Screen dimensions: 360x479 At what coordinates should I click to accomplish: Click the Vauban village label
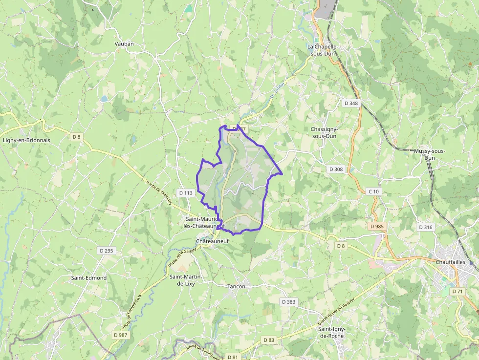124,43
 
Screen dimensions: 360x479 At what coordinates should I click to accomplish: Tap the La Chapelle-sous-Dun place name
323,50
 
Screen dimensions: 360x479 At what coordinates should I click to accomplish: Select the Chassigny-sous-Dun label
324,132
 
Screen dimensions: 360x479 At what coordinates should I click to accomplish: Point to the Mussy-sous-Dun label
429,154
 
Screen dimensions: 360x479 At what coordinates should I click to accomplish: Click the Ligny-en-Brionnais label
26,140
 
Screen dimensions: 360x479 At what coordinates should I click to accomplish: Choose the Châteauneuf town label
212,241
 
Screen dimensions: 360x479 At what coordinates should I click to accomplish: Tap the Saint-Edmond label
89,278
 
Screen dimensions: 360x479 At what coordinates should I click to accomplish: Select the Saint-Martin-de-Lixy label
186,280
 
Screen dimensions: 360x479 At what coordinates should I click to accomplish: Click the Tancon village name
236,286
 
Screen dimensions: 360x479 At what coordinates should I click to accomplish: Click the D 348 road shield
351,103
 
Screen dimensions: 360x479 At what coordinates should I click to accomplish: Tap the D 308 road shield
336,169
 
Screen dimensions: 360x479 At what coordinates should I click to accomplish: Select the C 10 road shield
373,191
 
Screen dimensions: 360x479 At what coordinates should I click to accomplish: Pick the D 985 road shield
377,227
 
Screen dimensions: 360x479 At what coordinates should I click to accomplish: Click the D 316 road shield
426,227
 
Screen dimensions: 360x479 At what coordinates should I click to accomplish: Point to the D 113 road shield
186,193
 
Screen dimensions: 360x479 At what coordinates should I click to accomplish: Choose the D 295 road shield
106,251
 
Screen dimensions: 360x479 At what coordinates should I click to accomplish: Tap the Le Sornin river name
277,90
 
